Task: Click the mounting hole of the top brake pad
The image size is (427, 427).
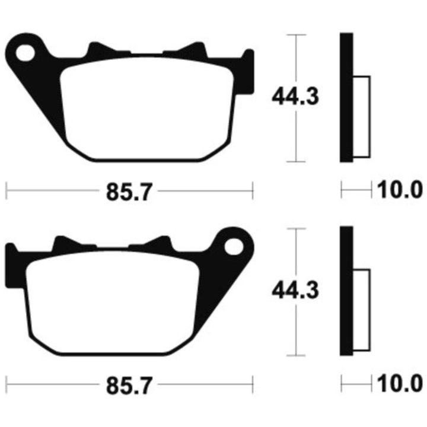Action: [26, 53]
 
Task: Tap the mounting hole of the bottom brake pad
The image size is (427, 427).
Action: [234, 247]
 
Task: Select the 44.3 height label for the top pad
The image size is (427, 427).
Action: [295, 97]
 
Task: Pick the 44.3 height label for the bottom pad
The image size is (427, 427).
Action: [295, 290]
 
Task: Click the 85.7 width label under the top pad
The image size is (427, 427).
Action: [129, 192]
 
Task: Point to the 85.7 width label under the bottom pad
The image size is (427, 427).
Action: [129, 385]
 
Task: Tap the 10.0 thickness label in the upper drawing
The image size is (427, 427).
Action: [400, 190]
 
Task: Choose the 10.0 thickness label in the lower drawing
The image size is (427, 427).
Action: [400, 384]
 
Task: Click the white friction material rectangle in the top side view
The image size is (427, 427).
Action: [362, 117]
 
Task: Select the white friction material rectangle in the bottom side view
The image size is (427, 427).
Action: [362, 310]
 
